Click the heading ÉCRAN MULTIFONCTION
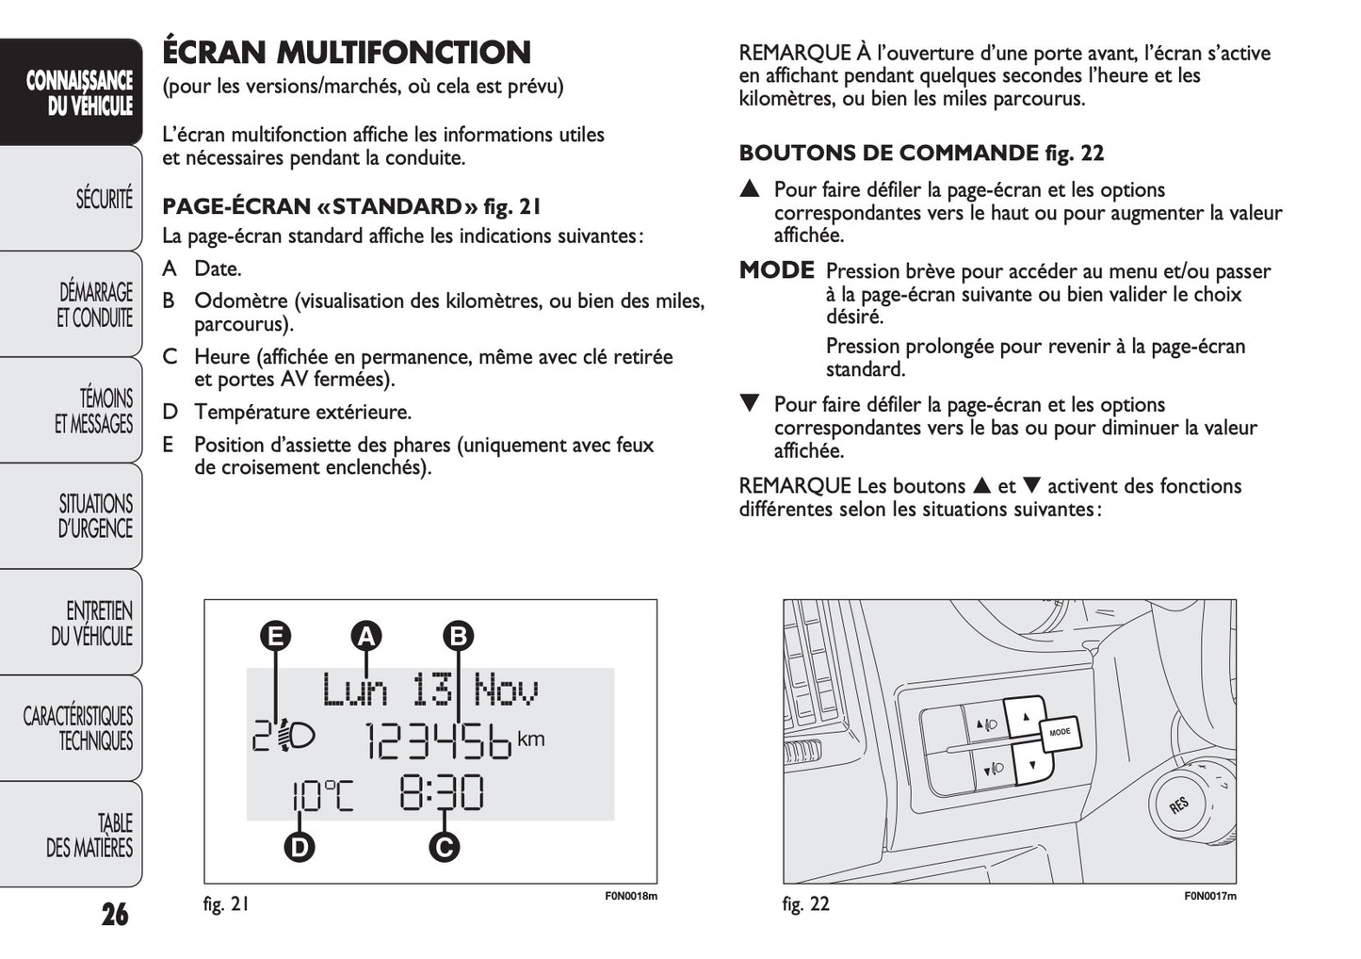pyautogui.click(x=347, y=52)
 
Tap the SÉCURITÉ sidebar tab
pyautogui.click(x=104, y=200)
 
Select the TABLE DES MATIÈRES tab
pyautogui.click(x=90, y=836)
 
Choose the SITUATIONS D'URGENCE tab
pyautogui.click(x=95, y=516)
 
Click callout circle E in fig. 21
pyautogui.click(x=276, y=636)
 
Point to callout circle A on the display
pyautogui.click(x=365, y=636)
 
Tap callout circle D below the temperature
pyautogui.click(x=300, y=847)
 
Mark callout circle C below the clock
pyautogui.click(x=444, y=847)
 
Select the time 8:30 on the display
pyautogui.click(x=442, y=793)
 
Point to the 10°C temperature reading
pyautogui.click(x=321, y=796)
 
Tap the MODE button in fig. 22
pyautogui.click(x=1060, y=731)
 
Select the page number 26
pyautogui.click(x=115, y=914)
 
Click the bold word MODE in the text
pyautogui.click(x=776, y=270)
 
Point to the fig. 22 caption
pyautogui.click(x=806, y=904)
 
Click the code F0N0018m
pyautogui.click(x=630, y=896)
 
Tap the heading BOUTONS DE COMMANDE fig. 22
pyautogui.click(x=921, y=153)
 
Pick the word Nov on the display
pyautogui.click(x=506, y=690)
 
